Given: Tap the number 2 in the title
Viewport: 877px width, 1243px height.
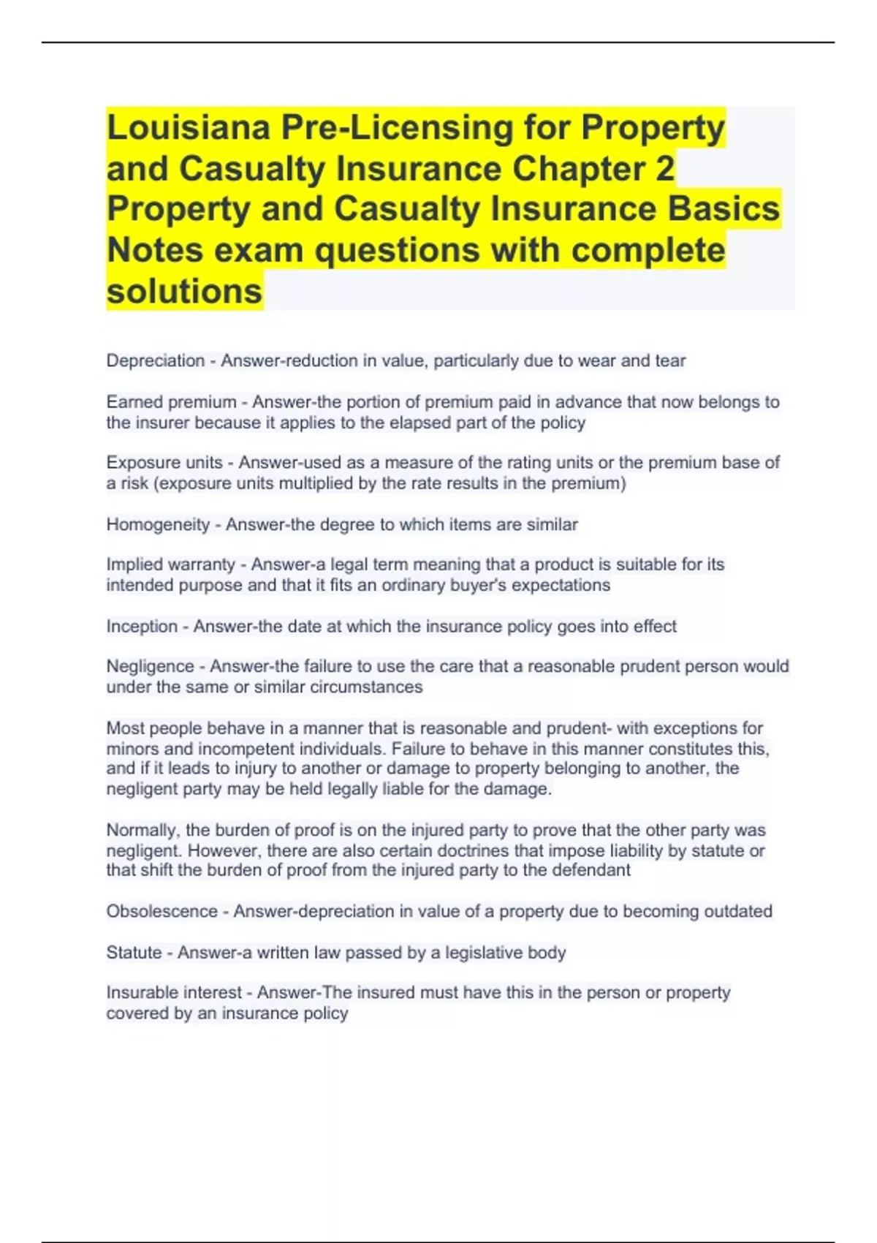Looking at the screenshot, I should pyautogui.click(x=664, y=168).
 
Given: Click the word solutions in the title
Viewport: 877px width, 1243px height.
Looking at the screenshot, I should pyautogui.click(x=184, y=291).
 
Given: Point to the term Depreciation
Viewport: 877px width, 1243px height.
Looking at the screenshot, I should pyautogui.click(x=155, y=360).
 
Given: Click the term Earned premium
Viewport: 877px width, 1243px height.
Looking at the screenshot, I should pyautogui.click(x=171, y=402).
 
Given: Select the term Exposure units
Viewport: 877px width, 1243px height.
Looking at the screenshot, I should pyautogui.click(x=164, y=463).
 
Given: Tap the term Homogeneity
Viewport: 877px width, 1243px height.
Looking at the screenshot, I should pyautogui.click(x=158, y=524).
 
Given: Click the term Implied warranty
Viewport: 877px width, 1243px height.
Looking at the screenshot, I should pyautogui.click(x=170, y=564).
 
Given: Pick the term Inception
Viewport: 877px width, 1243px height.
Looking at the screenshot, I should pyautogui.click(x=142, y=626).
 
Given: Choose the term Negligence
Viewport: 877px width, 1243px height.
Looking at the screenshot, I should pyautogui.click(x=150, y=666).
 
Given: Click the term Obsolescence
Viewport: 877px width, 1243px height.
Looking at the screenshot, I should pyautogui.click(x=162, y=911).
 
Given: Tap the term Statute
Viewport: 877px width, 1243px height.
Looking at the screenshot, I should pyautogui.click(x=134, y=952).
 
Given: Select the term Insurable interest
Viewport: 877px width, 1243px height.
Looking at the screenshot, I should pyautogui.click(x=174, y=992).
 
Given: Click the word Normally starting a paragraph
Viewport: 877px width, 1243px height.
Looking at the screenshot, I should pyautogui.click(x=142, y=830).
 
